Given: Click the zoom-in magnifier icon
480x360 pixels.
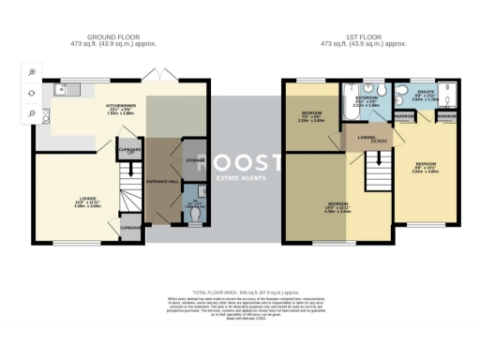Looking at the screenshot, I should coord(32,72).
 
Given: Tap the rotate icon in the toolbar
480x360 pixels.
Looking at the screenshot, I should coord(32,93).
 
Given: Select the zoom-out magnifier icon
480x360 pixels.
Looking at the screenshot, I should coord(32,113).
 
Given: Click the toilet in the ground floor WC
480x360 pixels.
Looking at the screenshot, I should coord(194,215).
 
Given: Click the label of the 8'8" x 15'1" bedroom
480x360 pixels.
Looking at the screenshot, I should coord(426,170).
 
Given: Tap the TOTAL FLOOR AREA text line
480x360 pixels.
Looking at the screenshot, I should coord(240,292).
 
